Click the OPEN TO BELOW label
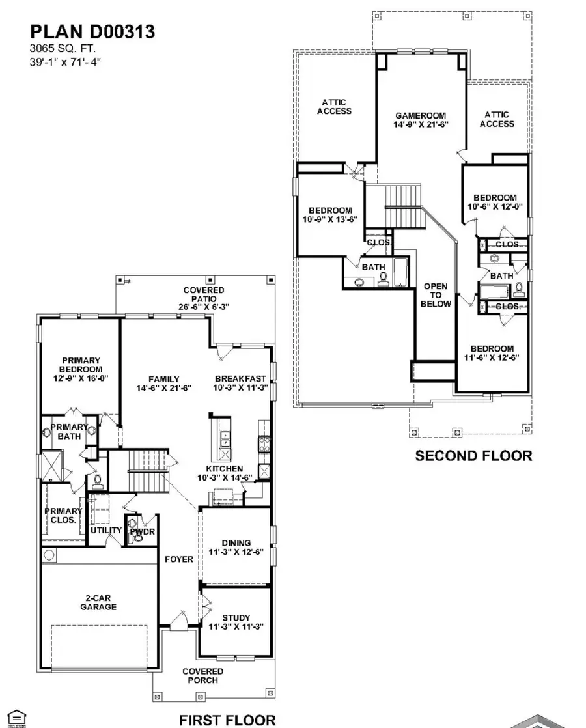(436, 295)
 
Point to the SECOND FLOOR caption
(473, 456)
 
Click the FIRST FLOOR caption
(227, 720)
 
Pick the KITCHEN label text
(225, 468)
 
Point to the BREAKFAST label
(240, 379)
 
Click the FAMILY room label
(163, 379)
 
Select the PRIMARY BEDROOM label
(81, 365)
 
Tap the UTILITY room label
(106, 530)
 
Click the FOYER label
(178, 559)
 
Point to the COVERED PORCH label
(202, 676)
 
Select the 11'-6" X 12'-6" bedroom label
(493, 353)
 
